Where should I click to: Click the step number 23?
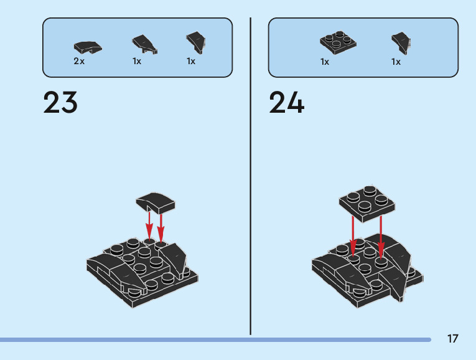[x=60, y=103]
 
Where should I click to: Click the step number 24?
[x=286, y=103]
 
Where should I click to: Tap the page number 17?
[x=452, y=339]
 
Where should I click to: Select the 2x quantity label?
[x=79, y=61]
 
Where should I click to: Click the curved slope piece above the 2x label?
[x=88, y=46]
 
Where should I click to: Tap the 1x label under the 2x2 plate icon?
[x=325, y=62]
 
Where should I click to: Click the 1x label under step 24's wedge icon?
[x=396, y=62]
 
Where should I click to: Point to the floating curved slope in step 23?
[x=156, y=202]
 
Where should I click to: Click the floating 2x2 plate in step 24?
[x=366, y=202]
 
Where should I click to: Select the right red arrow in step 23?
[x=161, y=227]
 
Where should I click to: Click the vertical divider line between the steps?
[x=250, y=174]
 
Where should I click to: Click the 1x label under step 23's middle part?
[x=136, y=61]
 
